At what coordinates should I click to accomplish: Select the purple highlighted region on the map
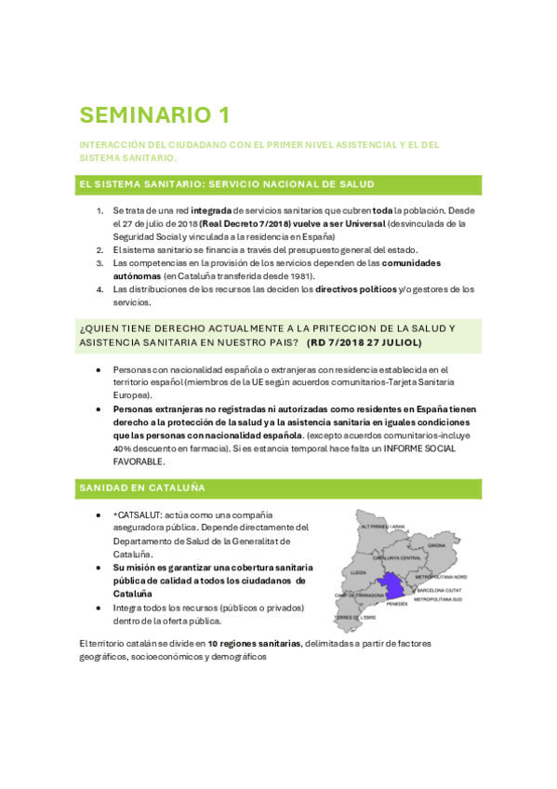pos(392,587)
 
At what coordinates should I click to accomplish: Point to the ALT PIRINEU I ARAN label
pos(383,527)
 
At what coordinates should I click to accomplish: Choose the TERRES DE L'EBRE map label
pos(357,617)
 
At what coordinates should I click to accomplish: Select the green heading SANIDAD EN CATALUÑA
pos(142,488)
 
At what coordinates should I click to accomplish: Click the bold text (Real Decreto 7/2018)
pos(240,224)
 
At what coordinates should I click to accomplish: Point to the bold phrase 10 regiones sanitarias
pos(254,643)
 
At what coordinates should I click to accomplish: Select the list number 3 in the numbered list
pos(100,263)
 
